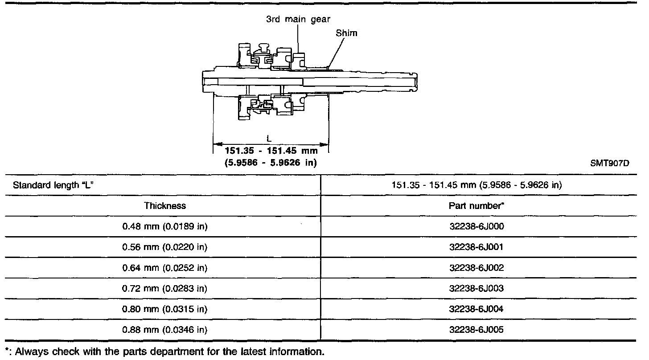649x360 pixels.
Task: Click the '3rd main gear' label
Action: (298, 20)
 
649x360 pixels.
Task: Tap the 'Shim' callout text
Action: (347, 33)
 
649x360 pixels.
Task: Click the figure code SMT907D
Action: (609, 163)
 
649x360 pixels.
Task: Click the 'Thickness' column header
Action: (165, 206)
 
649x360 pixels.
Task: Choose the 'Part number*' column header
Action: (476, 206)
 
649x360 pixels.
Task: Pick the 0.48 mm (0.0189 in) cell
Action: (165, 226)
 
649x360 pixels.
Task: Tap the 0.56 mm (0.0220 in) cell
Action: (165, 247)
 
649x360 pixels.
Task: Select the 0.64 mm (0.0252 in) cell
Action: (165, 268)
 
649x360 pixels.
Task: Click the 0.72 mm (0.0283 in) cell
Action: (165, 288)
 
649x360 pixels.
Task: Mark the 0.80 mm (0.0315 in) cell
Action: (165, 309)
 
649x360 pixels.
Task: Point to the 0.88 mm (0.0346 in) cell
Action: (165, 330)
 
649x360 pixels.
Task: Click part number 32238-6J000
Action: (476, 226)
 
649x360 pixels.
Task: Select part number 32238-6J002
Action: (476, 268)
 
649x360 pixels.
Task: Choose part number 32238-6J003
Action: (476, 288)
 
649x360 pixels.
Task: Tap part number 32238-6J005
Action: (476, 330)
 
